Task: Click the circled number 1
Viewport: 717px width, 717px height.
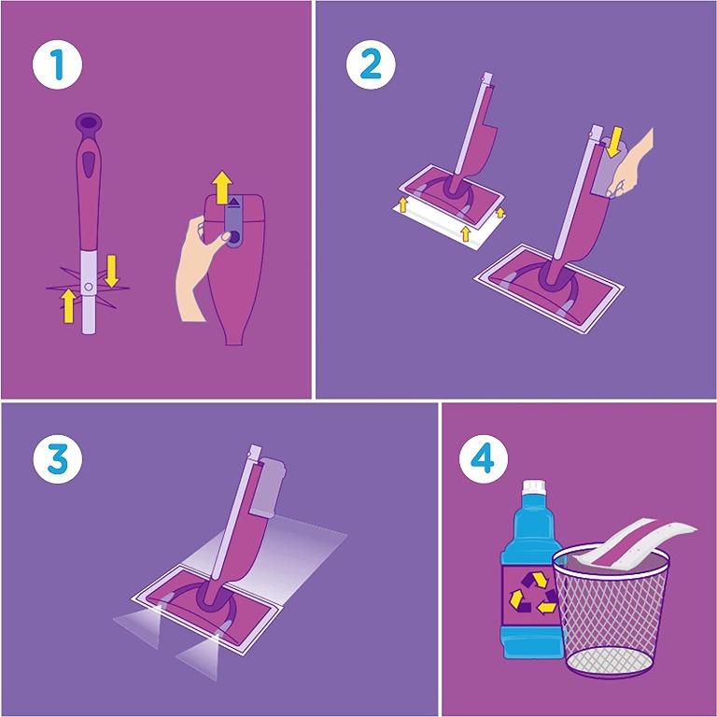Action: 57,65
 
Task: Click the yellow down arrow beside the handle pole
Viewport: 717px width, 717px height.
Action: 112,271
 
